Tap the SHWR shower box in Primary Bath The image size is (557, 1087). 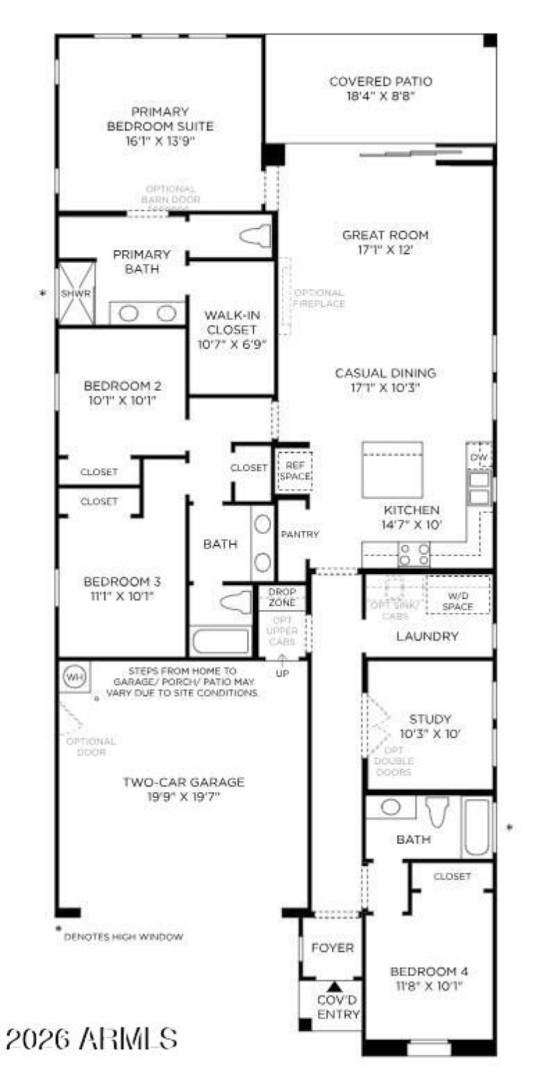pyautogui.click(x=75, y=293)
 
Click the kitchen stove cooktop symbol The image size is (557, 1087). pyautogui.click(x=414, y=553)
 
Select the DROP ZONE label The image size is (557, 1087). pyautogui.click(x=282, y=597)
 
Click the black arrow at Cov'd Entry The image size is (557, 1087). pyautogui.click(x=334, y=987)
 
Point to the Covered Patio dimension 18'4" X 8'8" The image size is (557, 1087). pyautogui.click(x=381, y=96)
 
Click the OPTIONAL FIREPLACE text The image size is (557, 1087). pyautogui.click(x=318, y=298)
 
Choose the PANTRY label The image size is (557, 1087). pyautogui.click(x=299, y=534)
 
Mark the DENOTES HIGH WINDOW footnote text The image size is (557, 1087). pyautogui.click(x=123, y=937)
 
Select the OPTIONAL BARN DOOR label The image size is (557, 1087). pyautogui.click(x=171, y=194)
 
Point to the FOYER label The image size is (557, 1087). pyautogui.click(x=332, y=948)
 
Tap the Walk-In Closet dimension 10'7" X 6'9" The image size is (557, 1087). pyautogui.click(x=230, y=344)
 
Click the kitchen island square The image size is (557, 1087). pyautogui.click(x=392, y=470)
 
